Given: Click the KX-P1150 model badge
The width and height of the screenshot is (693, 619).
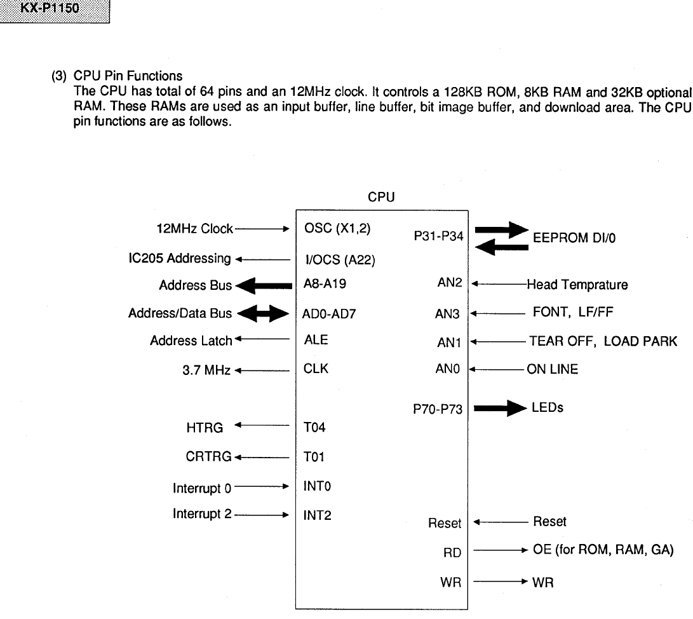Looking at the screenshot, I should click(56, 11).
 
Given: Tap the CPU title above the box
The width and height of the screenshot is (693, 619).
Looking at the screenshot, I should click(381, 197).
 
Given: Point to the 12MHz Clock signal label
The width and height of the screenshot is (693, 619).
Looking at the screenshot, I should click(194, 229).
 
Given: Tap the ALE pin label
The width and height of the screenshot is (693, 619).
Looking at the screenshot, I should click(316, 340).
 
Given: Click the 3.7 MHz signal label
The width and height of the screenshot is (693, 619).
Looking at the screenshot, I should click(206, 369).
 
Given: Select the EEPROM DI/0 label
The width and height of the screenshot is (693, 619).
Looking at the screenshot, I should click(574, 238).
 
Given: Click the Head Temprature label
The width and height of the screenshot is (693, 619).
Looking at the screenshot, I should click(577, 285).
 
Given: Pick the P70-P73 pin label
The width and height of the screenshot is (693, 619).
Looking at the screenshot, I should click(439, 411).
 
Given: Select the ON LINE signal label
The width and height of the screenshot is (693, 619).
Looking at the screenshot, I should click(552, 369).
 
